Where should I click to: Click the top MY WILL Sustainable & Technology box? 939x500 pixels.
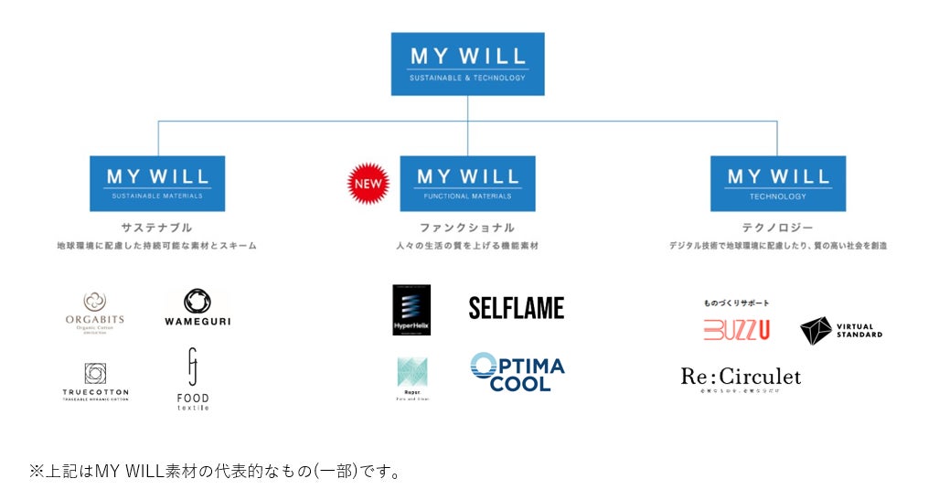coord(467,64)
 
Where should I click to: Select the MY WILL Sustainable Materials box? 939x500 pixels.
coord(157,183)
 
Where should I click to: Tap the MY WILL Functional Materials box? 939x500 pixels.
coord(467,183)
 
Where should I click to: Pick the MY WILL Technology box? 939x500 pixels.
coord(777,183)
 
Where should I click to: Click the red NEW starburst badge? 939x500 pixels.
coord(368,184)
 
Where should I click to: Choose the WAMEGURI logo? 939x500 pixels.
coord(197,308)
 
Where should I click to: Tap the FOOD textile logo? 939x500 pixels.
coord(193,379)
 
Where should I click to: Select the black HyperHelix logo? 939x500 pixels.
coord(411,310)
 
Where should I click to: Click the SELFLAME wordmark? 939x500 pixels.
coord(517,308)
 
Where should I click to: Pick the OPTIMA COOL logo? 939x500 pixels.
coord(518,372)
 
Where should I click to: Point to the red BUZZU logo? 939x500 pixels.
coord(736,329)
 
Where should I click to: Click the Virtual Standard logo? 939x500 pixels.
coord(840,330)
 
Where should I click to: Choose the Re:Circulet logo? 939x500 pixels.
coord(741,377)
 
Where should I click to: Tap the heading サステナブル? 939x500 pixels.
coord(157,228)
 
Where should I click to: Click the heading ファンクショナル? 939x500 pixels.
coord(467,228)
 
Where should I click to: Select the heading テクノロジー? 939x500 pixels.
coord(777,228)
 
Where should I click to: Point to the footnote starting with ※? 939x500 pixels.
coord(215,472)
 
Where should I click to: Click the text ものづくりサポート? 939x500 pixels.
coord(736,303)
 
